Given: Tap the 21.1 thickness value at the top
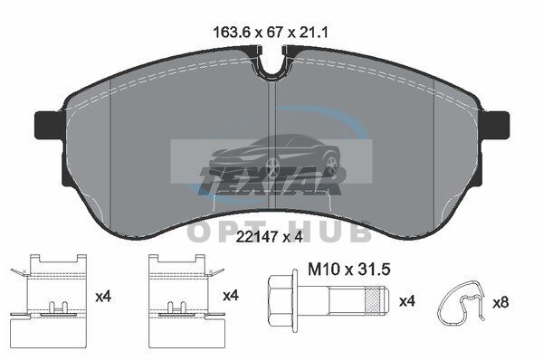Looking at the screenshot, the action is coord(313,33).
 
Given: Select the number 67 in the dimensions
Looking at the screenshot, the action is coord(276,33).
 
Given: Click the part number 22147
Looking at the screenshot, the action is coord(257,237).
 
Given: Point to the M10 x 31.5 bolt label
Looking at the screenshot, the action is coord(349,270).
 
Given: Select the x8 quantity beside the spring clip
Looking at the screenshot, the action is coord(500,302).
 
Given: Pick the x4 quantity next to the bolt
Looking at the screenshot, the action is coord(407,301).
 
